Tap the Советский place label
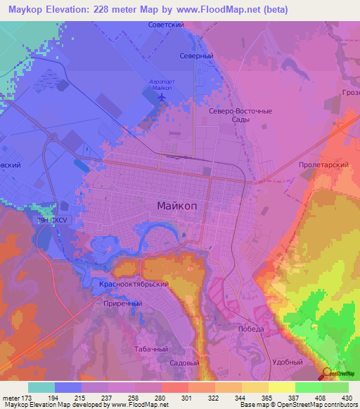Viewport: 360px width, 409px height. pyautogui.click(x=165, y=25)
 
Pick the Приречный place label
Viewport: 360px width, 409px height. pyautogui.click(x=122, y=303)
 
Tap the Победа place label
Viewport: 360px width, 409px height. pyautogui.click(x=251, y=329)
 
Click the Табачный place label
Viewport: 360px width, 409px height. pyautogui.click(x=149, y=348)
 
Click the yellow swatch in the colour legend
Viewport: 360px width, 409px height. pyautogui.click(x=282, y=387)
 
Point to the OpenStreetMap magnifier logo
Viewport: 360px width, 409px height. pyautogui.click(x=326, y=374)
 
